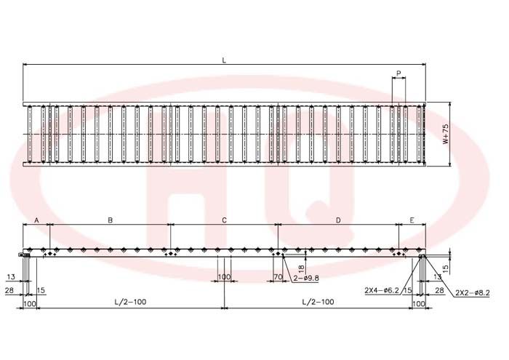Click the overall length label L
coord(224,60)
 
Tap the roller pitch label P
coord(398,73)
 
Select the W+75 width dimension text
coord(446,134)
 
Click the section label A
coord(36,220)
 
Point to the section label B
coord(110,220)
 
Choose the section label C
coord(224,220)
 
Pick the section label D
coord(338,220)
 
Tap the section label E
coord(412,220)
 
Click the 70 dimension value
coord(278,277)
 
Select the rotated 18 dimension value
coord(301,268)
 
